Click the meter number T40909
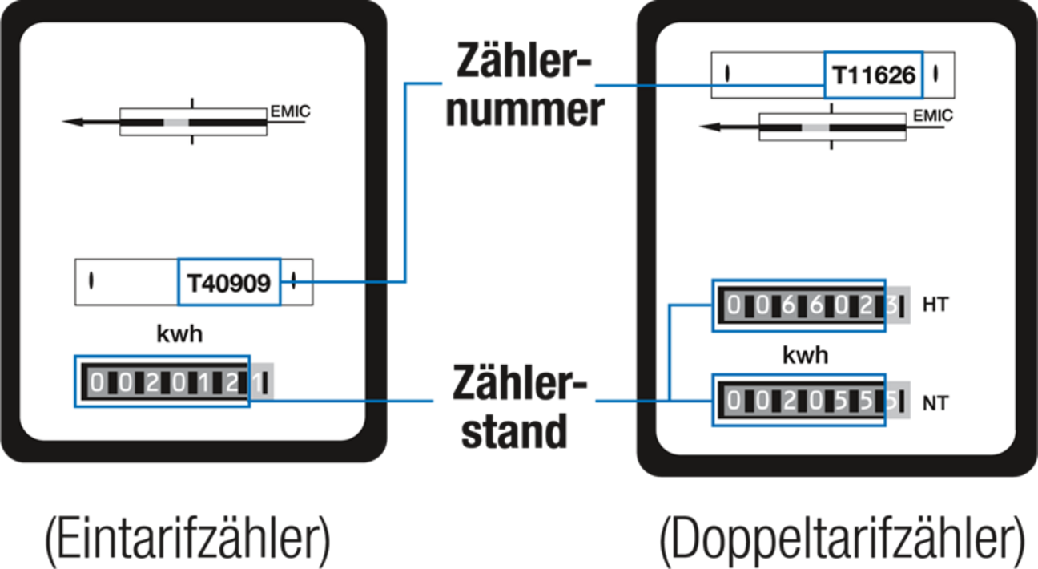229,282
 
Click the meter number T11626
873,75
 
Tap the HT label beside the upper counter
935,305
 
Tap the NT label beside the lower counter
935,403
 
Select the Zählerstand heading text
516,407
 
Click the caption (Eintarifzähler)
187,541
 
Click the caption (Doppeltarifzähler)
842,541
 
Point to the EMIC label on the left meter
289,111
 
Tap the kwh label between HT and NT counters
806,355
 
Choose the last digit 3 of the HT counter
890,306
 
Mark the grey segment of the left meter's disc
176,123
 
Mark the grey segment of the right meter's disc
815,127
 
